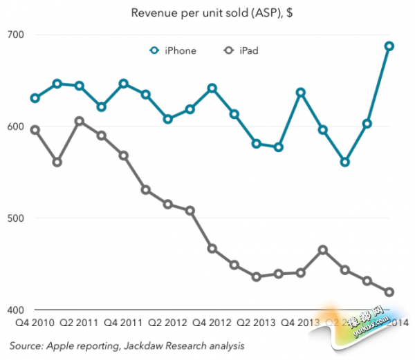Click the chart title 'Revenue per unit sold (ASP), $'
(x=207, y=12)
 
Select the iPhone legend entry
(x=174, y=50)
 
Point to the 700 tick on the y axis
(x=16, y=35)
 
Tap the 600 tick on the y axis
(x=16, y=126)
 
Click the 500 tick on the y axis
(x=16, y=218)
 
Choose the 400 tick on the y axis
(x=16, y=310)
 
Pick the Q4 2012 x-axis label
(x=212, y=323)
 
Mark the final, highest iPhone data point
(x=389, y=46)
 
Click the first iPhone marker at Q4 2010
(x=35, y=98)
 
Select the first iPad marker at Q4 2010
(x=35, y=130)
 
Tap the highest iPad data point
(x=80, y=121)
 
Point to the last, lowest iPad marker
(x=389, y=292)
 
